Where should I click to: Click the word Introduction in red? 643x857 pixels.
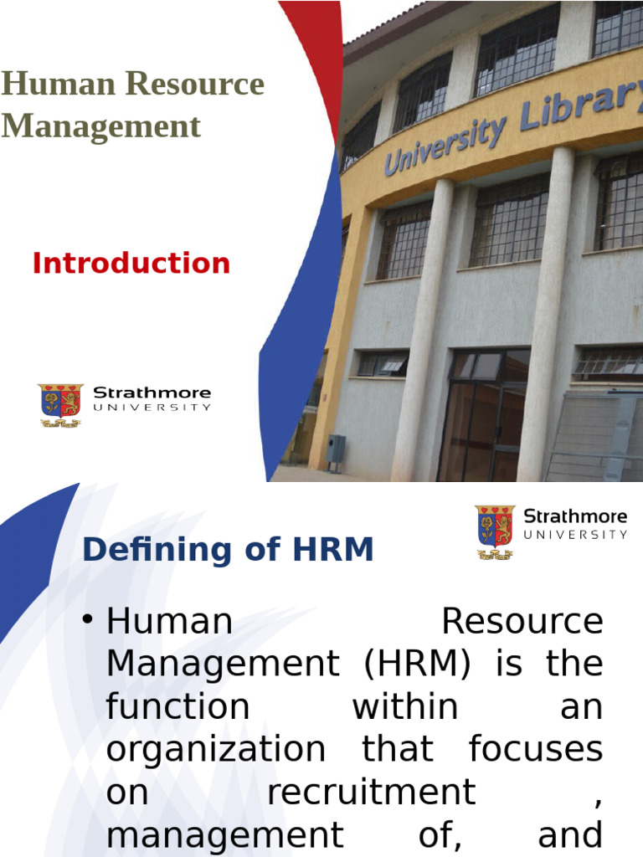pos(131,264)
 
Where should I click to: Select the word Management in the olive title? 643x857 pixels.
pos(100,126)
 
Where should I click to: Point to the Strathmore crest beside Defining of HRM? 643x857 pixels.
pos(495,531)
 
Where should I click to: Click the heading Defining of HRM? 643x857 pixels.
pos(228,550)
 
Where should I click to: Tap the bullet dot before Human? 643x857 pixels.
pos(88,620)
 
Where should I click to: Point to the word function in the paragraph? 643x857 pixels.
pos(177,707)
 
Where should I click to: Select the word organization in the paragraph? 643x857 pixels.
pos(216,750)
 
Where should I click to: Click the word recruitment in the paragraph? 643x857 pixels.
pos(371,793)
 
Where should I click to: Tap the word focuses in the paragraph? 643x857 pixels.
pos(535,749)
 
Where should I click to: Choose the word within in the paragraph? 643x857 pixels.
pos(404,707)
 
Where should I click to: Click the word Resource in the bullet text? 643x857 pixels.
pos(521,621)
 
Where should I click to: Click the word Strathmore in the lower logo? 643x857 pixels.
pos(575,516)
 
